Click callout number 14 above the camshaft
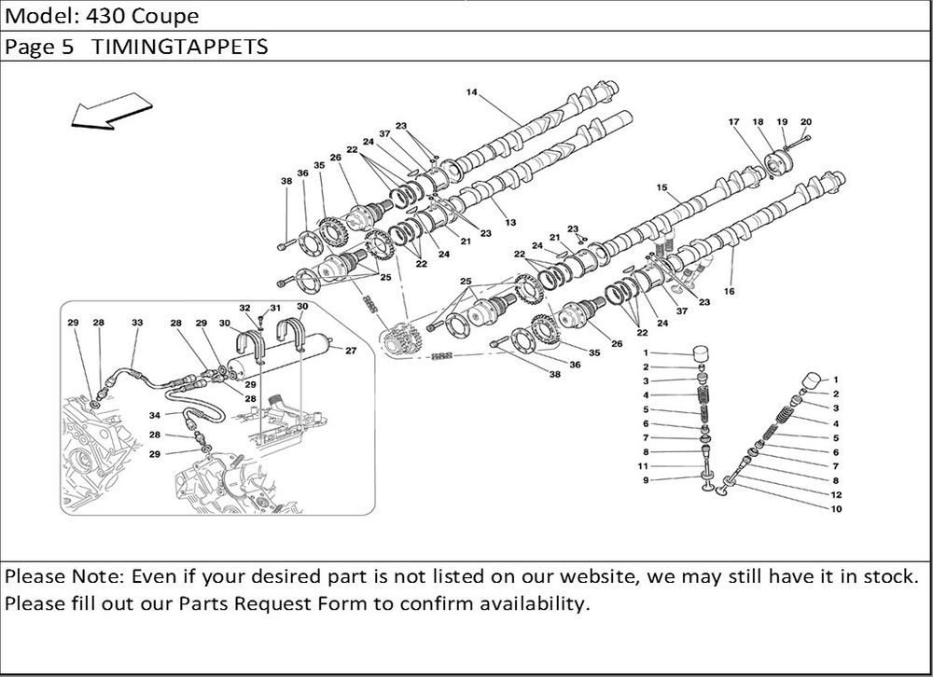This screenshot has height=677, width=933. coord(471,92)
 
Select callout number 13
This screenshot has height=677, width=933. coord(510,222)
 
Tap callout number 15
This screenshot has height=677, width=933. coord(661,187)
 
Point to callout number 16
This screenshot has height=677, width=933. coord(729,291)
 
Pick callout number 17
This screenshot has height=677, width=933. coord(733,121)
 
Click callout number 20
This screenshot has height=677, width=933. coord(806,121)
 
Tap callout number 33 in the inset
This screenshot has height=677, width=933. coord(137,323)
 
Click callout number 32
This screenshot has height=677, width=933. coord(244,307)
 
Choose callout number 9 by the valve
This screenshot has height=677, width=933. coord(646,479)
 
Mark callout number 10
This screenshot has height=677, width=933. coord(835,508)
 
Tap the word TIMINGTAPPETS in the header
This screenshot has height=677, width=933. coord(180,47)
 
